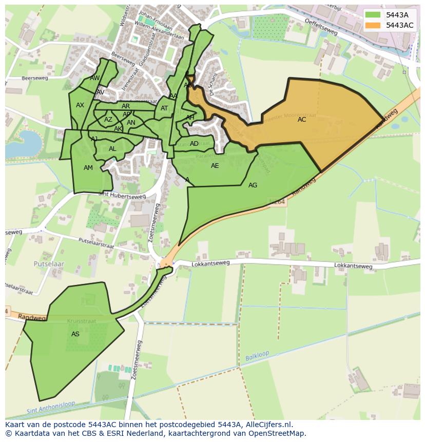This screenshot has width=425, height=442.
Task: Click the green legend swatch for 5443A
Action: tap(373, 15)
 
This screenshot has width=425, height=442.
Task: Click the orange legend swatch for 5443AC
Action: tap(373, 25)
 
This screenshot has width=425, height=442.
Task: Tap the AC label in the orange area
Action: tap(302, 120)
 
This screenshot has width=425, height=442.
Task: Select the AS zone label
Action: tap(75, 334)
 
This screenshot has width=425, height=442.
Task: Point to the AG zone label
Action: tap(253, 185)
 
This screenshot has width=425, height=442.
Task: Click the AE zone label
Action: tap(215, 166)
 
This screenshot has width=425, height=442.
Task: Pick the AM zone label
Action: tap(88, 168)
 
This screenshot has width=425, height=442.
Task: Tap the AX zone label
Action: tap(80, 105)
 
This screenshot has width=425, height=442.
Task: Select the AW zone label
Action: tap(95, 78)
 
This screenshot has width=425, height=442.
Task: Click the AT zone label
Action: tap(164, 108)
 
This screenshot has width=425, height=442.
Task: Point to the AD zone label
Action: tap(194, 144)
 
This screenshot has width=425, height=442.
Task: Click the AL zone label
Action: tap(112, 149)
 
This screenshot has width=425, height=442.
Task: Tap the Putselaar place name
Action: tap(49, 263)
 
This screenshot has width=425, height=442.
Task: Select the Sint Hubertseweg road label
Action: tap(122, 196)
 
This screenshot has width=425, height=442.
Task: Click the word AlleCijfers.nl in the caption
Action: tap(268, 425)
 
